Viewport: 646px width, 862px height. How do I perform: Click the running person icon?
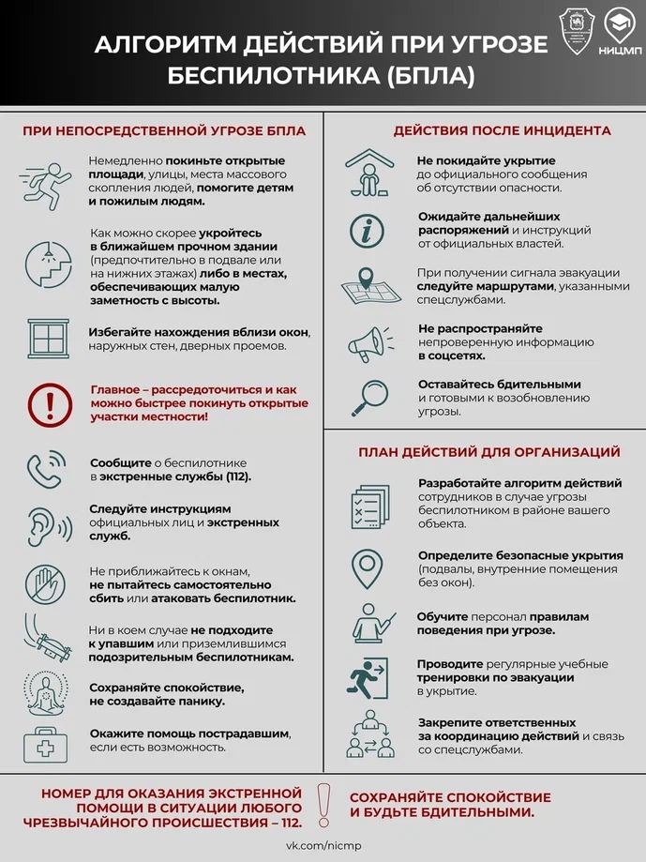(43, 181)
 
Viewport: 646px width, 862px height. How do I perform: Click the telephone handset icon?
(43, 468)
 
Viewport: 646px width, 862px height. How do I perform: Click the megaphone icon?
(367, 343)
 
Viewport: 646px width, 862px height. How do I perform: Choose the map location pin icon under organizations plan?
(367, 567)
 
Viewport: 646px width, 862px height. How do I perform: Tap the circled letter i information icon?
(367, 231)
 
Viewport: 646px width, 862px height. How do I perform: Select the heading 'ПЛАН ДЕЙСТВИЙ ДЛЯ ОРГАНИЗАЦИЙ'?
(489, 452)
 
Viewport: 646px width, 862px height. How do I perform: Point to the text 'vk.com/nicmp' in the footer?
(323, 846)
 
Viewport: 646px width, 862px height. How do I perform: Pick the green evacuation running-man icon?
(367, 676)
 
